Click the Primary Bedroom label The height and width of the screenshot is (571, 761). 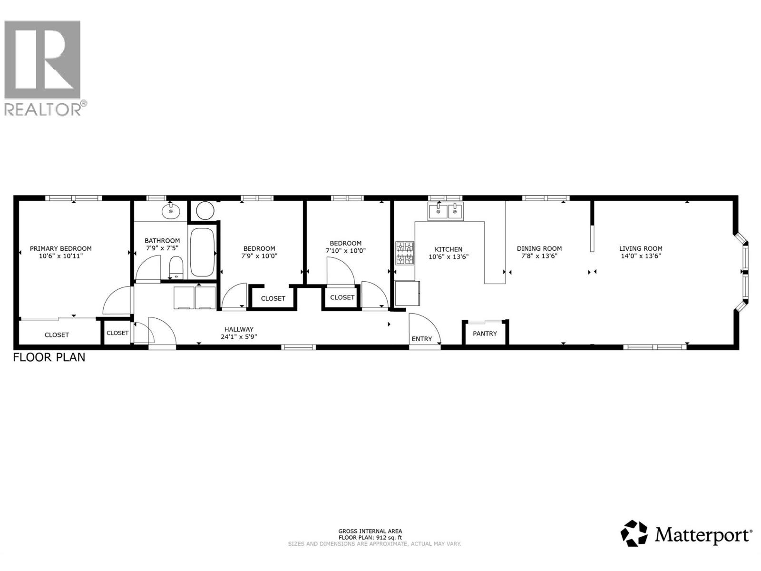coord(61,248)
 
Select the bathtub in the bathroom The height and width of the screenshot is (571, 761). coord(202,252)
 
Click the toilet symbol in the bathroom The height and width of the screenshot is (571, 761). coord(176,267)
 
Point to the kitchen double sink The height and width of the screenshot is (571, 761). coord(446,211)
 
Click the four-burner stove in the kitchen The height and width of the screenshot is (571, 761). coord(405,253)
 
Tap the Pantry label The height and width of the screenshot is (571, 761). coord(485,334)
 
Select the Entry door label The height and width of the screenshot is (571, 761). coord(422,339)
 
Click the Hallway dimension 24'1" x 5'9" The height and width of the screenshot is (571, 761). coord(239,336)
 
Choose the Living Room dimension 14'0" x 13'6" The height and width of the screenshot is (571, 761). coord(641,256)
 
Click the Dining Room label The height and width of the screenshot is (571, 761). coord(539,248)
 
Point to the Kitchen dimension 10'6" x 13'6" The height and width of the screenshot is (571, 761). coord(449,256)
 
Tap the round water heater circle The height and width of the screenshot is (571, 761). coord(205,210)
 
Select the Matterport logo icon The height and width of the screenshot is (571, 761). coord(634,533)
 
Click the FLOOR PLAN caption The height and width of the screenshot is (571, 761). coord(49,357)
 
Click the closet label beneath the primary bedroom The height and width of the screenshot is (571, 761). coord(57,335)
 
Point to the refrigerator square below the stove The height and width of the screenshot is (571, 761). coord(408,293)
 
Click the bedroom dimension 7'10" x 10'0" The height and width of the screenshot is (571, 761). coord(346,251)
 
